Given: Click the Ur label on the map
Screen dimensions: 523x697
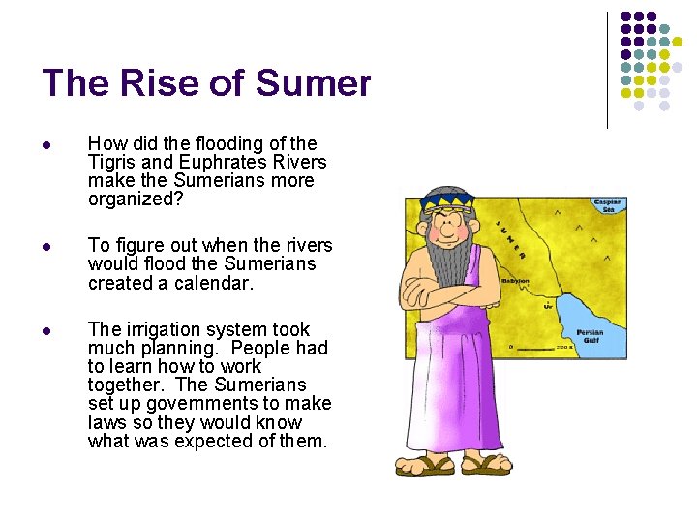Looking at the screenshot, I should click(549, 305).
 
